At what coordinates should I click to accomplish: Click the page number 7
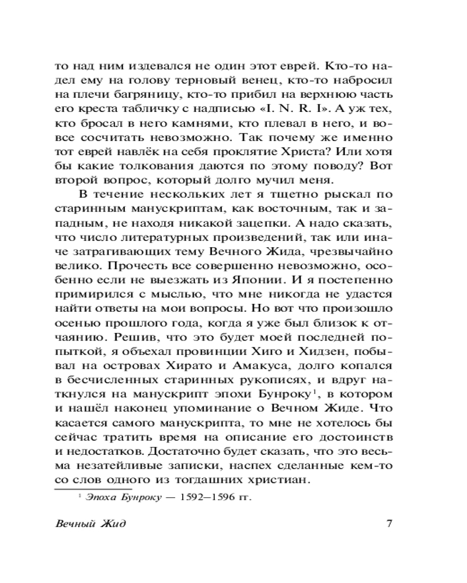click(x=389, y=523)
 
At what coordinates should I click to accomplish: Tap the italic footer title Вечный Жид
click(x=89, y=523)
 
